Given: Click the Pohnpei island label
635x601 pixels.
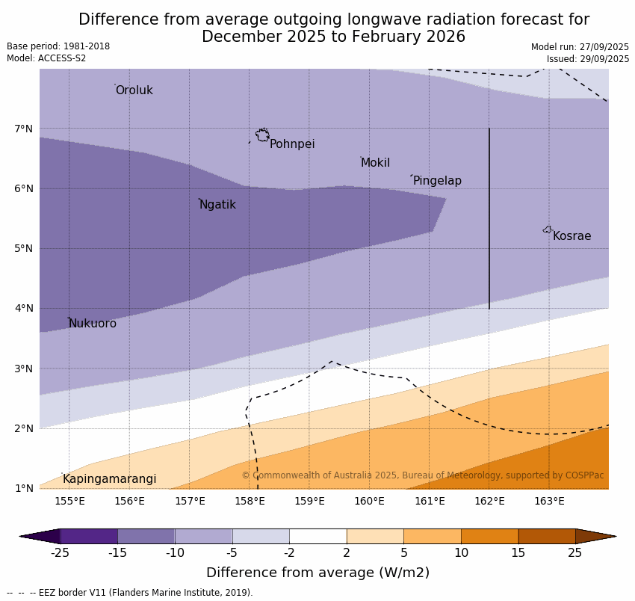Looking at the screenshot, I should [x=292, y=144].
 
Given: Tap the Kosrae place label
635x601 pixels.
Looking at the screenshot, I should [x=571, y=236].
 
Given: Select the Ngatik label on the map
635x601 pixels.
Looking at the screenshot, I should [x=217, y=205].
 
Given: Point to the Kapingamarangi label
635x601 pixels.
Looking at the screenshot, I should [x=109, y=479].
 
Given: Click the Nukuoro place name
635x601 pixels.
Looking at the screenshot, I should [x=93, y=324].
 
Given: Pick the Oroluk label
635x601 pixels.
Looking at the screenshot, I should [x=134, y=90].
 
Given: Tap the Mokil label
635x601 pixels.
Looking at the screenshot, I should [x=375, y=163].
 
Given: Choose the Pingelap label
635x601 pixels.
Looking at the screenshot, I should [x=437, y=181].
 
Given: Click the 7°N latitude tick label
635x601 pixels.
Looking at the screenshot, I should [x=24, y=129].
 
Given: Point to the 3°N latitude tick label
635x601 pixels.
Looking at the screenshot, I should [x=24, y=369].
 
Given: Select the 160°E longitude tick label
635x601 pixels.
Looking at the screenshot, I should [x=369, y=501].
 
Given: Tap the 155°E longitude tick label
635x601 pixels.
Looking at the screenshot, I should [x=69, y=501].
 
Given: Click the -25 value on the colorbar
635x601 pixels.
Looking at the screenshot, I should [x=60, y=553].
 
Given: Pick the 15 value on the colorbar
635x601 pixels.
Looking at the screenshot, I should [x=518, y=553].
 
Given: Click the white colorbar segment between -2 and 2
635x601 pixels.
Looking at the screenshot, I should [x=317, y=536].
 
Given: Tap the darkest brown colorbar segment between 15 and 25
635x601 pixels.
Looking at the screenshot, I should [x=547, y=536].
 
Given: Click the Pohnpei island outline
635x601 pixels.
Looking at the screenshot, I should [x=262, y=135].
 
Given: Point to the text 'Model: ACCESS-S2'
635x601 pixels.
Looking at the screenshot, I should [x=46, y=58].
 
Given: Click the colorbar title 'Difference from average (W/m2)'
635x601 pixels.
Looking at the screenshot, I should [x=317, y=573].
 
